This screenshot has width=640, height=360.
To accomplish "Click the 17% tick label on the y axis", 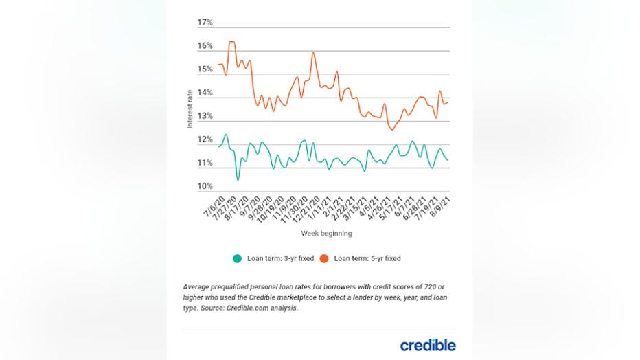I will [205, 23].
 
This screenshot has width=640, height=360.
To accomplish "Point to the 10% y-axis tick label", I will [205, 186].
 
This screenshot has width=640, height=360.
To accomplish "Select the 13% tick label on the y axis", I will [205, 116].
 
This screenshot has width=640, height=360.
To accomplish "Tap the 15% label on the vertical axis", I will [205, 69].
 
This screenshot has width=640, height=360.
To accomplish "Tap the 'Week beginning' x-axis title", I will [326, 234].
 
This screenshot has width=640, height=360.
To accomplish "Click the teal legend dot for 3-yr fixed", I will [238, 259].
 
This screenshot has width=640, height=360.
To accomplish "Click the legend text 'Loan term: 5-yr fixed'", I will [367, 259].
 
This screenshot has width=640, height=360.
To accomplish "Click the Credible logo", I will [428, 345].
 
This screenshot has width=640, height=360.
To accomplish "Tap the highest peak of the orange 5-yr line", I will [231, 43].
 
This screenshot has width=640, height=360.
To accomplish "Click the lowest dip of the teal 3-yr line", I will [238, 180].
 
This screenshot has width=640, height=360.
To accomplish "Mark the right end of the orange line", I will [448, 102].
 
